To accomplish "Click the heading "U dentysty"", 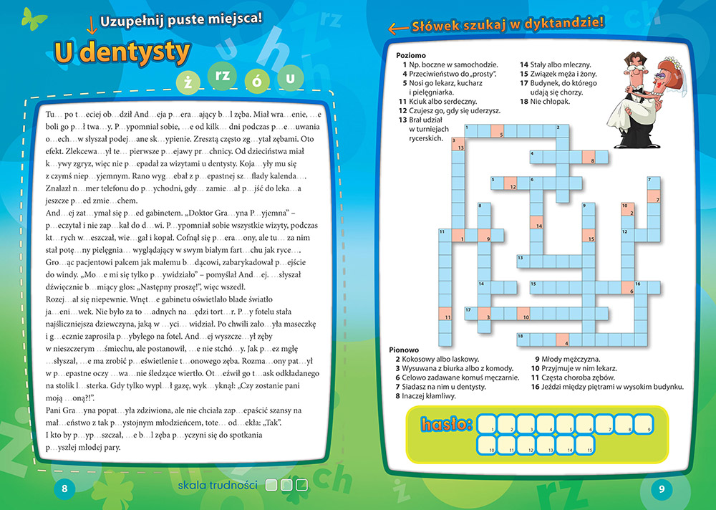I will point(122,52).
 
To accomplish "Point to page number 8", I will point(64,489).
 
